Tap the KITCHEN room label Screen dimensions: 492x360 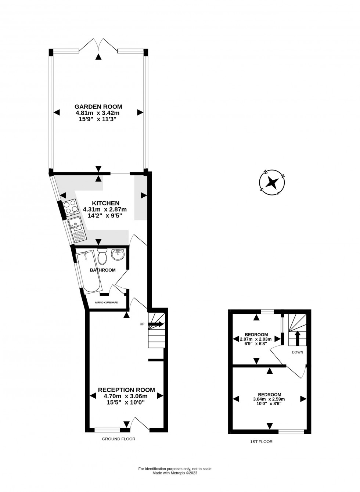105,203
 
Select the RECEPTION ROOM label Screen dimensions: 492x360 126,390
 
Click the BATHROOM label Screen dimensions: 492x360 102,270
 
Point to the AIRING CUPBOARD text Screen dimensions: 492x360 107,302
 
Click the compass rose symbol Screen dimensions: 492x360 272,182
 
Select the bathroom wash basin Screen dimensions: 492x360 118,254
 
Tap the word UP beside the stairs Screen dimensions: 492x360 142,324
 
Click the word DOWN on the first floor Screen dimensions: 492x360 298,352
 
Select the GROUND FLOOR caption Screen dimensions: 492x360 119,439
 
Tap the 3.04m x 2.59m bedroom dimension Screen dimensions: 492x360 269,399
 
